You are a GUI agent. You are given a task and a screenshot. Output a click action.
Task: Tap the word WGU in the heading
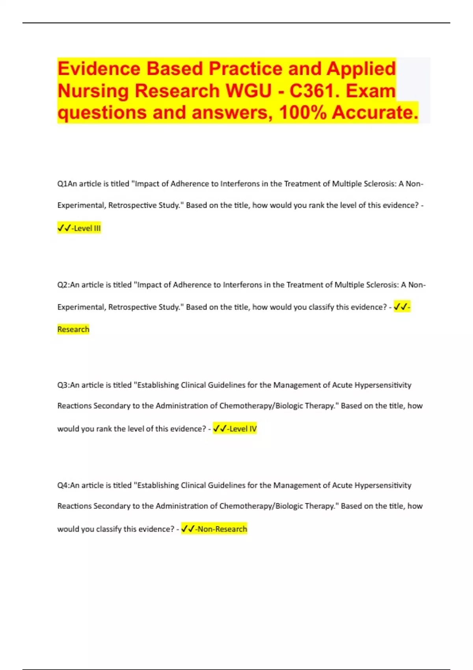click(248, 91)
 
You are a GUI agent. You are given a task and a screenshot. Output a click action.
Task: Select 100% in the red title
click(303, 113)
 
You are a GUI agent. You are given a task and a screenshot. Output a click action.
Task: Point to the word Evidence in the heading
click(99, 69)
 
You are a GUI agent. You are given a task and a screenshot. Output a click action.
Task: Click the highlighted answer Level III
click(87, 228)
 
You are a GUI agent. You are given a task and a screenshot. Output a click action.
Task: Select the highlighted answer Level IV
click(243, 429)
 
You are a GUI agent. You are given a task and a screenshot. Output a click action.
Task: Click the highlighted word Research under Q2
click(73, 329)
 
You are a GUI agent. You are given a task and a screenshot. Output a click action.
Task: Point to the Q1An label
click(67, 184)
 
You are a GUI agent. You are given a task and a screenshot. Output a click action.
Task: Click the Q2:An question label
click(68, 285)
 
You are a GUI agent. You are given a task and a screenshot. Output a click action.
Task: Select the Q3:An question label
click(68, 385)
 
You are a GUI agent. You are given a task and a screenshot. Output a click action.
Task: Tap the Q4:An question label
click(68, 486)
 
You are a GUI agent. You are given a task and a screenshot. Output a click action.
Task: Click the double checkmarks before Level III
click(64, 228)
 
